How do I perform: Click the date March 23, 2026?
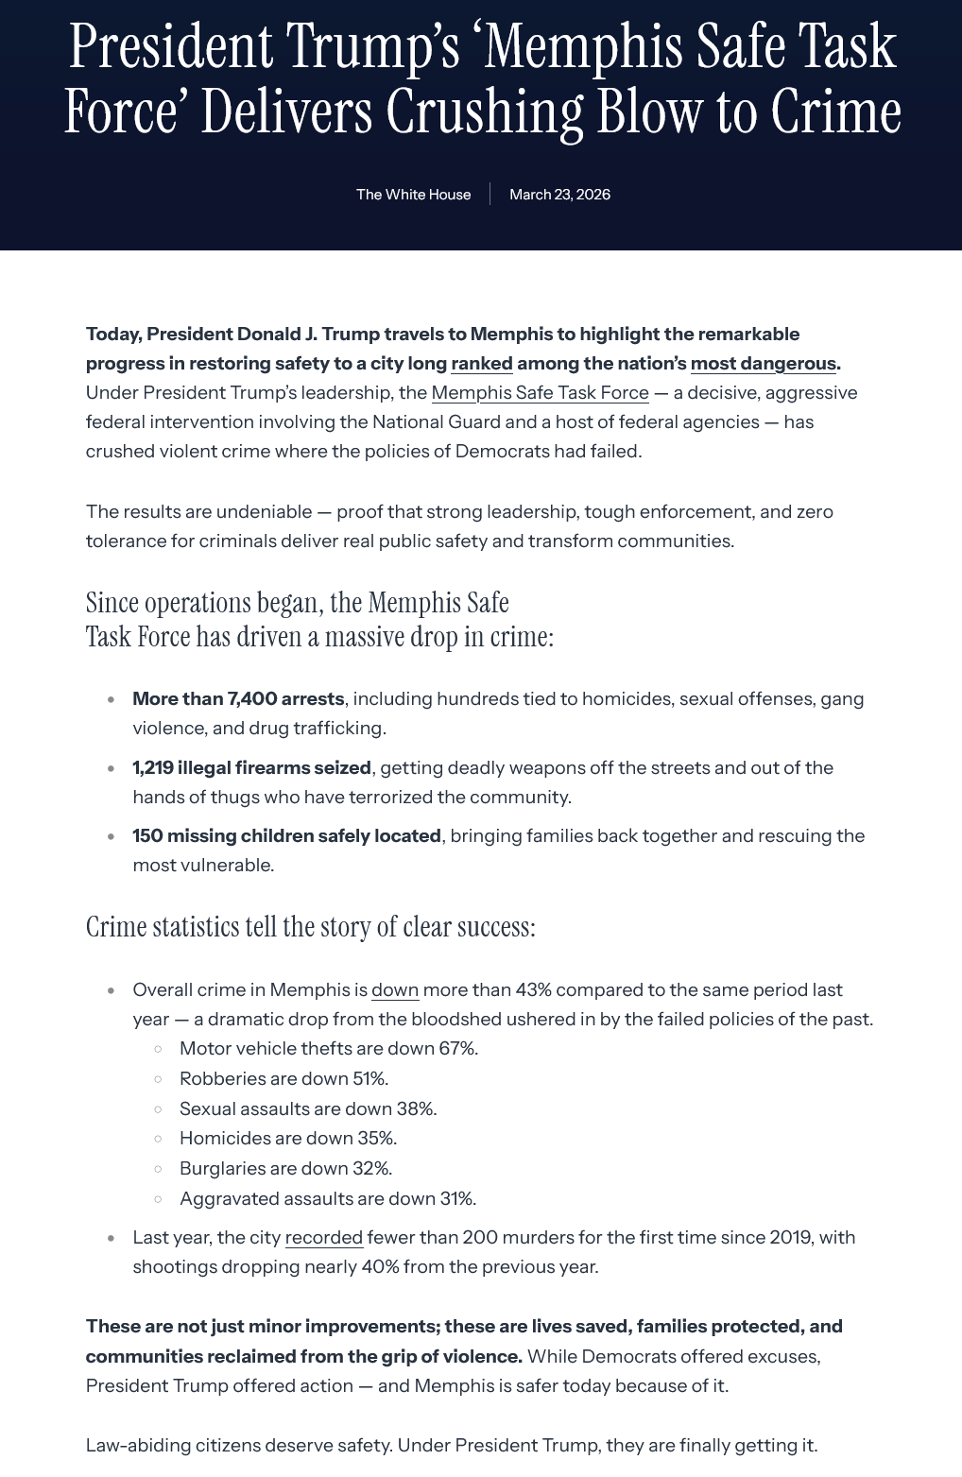(559, 195)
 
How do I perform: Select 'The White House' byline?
(413, 195)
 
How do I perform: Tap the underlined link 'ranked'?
(482, 364)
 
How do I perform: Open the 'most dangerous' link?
(764, 364)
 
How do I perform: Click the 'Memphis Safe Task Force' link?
(540, 393)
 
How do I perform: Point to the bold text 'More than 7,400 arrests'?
(238, 699)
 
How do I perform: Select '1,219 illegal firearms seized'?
(251, 768)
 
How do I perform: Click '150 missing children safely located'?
(286, 836)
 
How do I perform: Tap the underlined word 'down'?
(395, 990)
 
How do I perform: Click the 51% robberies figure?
(369, 1079)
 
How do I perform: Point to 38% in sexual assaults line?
(418, 1109)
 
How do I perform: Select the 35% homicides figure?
(377, 1139)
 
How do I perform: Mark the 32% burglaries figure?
(372, 1169)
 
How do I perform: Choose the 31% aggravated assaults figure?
(457, 1199)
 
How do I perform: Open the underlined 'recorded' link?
(324, 1238)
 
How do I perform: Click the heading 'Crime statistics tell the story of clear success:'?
(311, 927)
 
